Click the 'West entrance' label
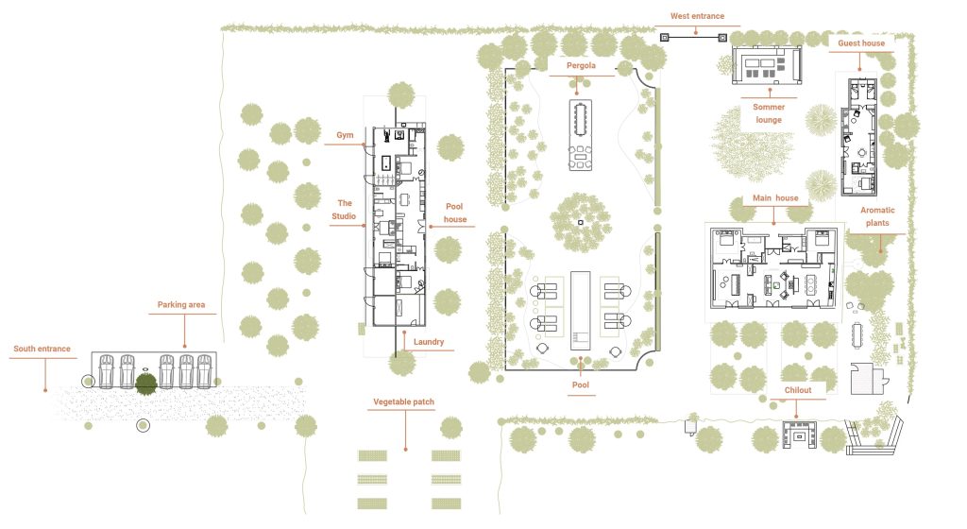coord(697,15)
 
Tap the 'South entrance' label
coord(42,349)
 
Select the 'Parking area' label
coord(181,305)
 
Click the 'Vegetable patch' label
coord(403,402)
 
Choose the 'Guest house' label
coord(860,43)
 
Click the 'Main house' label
coord(775,198)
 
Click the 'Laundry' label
coord(428,342)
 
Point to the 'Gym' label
coord(346,136)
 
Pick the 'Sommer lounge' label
coord(768,113)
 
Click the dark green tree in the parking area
coord(145,384)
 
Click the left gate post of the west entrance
coord(664,38)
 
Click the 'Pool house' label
coord(455,212)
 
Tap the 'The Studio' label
coord(345,210)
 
